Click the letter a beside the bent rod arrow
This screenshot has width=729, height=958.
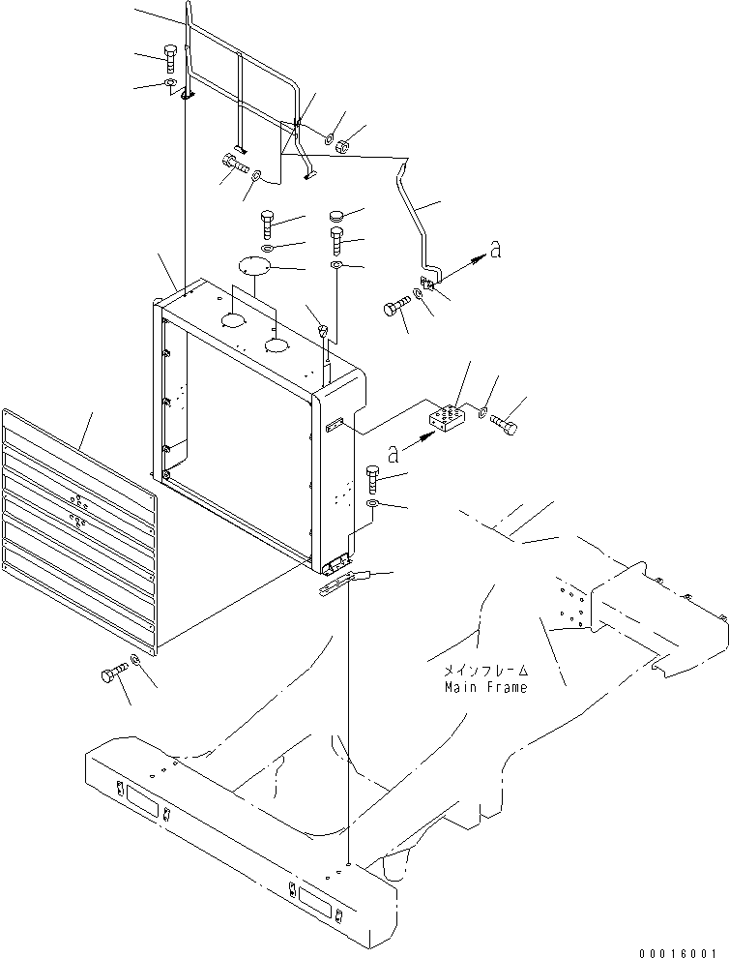point(496,251)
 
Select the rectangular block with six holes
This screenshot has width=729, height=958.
point(447,421)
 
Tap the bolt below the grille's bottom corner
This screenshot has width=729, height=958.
point(112,672)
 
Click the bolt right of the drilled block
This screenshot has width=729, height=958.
point(505,423)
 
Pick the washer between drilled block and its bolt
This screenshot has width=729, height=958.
point(481,414)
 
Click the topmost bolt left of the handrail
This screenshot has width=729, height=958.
point(171,57)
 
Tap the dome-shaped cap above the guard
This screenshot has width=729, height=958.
point(337,215)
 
